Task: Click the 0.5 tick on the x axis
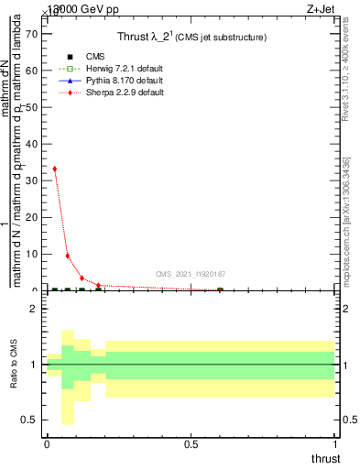tap(191, 444)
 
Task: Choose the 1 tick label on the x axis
tap(335, 444)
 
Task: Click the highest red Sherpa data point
tap(55, 169)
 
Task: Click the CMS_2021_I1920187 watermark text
tap(190, 274)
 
